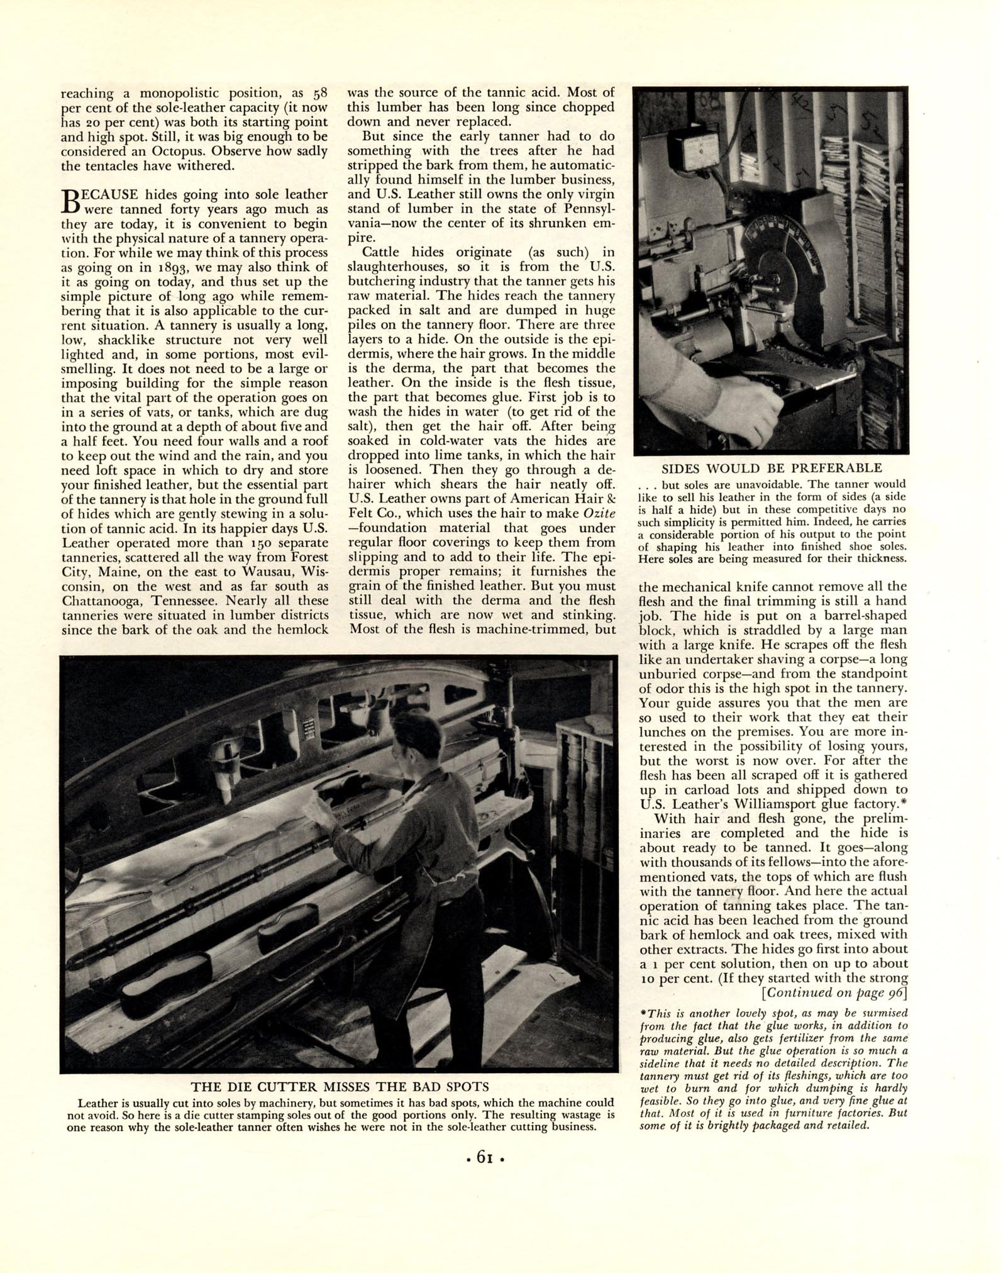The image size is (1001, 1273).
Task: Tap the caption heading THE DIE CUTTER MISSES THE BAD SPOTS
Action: click(340, 1086)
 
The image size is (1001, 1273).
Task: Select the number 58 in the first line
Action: click(320, 94)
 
